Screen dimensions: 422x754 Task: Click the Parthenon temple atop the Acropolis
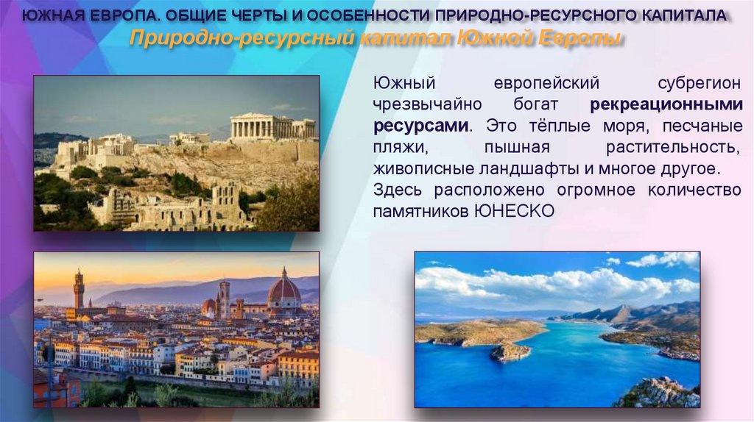point(272,126)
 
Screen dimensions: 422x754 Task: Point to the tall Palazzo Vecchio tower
point(79,290)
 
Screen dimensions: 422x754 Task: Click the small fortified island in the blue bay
point(510,351)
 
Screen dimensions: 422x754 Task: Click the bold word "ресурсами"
point(420,126)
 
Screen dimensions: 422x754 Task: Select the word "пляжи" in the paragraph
point(395,147)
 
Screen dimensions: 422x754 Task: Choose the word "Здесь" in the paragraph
point(398,190)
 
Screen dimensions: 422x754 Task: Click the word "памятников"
point(421,211)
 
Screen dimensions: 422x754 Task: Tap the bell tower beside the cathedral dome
point(223,298)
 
